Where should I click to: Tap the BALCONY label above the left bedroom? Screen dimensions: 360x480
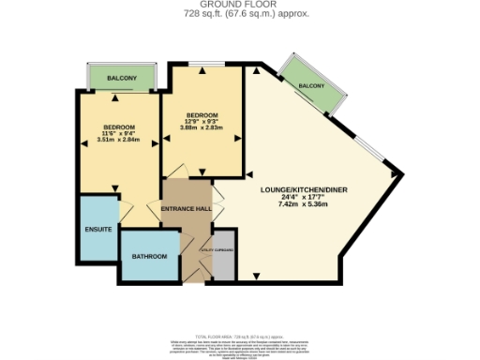[x=120, y=79]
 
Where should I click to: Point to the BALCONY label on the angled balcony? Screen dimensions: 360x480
[x=311, y=86]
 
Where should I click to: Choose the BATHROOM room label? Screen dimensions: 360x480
[x=149, y=256]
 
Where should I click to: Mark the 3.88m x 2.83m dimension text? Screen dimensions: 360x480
[x=202, y=127]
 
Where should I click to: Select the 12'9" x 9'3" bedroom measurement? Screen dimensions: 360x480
[x=202, y=121]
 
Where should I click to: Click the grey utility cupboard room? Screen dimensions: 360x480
[x=223, y=262]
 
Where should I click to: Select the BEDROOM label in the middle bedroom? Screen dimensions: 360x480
[x=202, y=114]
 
